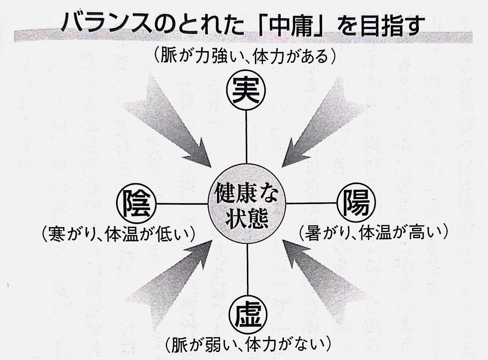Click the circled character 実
point(246,90)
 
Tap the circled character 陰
point(137,203)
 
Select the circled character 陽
point(356,203)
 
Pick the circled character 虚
point(248,314)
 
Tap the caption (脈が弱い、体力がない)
point(248,343)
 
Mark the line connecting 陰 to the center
point(182,204)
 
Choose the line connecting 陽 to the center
point(311,203)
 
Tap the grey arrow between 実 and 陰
point(171,123)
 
